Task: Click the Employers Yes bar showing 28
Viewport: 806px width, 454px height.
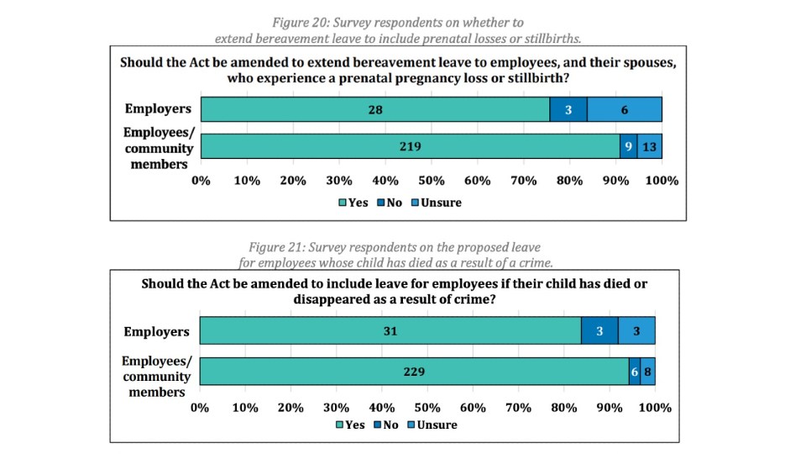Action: pyautogui.click(x=375, y=109)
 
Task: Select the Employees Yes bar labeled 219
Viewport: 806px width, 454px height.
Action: pyautogui.click(x=411, y=146)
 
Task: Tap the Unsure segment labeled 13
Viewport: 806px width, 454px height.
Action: pyautogui.click(x=650, y=146)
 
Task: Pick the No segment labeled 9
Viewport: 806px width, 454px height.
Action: pyautogui.click(x=628, y=146)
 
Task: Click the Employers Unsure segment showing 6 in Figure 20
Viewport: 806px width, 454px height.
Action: pyautogui.click(x=624, y=109)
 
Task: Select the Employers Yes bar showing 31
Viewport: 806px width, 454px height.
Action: pyautogui.click(x=390, y=331)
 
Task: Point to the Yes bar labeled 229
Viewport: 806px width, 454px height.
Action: pyautogui.click(x=414, y=371)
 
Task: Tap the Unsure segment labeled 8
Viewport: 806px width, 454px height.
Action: pyautogui.click(x=647, y=371)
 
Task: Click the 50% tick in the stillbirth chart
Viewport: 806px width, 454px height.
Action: pyautogui.click(x=431, y=181)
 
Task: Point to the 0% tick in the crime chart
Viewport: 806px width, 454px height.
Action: pyautogui.click(x=200, y=407)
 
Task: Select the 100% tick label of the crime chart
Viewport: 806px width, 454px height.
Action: pyautogui.click(x=655, y=407)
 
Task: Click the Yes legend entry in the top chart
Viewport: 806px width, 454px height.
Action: pyautogui.click(x=353, y=203)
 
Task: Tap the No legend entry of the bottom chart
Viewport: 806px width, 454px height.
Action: pyautogui.click(x=386, y=425)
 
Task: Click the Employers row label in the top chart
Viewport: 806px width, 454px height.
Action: pyautogui.click(x=158, y=108)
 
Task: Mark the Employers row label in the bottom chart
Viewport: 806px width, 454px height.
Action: pyautogui.click(x=156, y=331)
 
